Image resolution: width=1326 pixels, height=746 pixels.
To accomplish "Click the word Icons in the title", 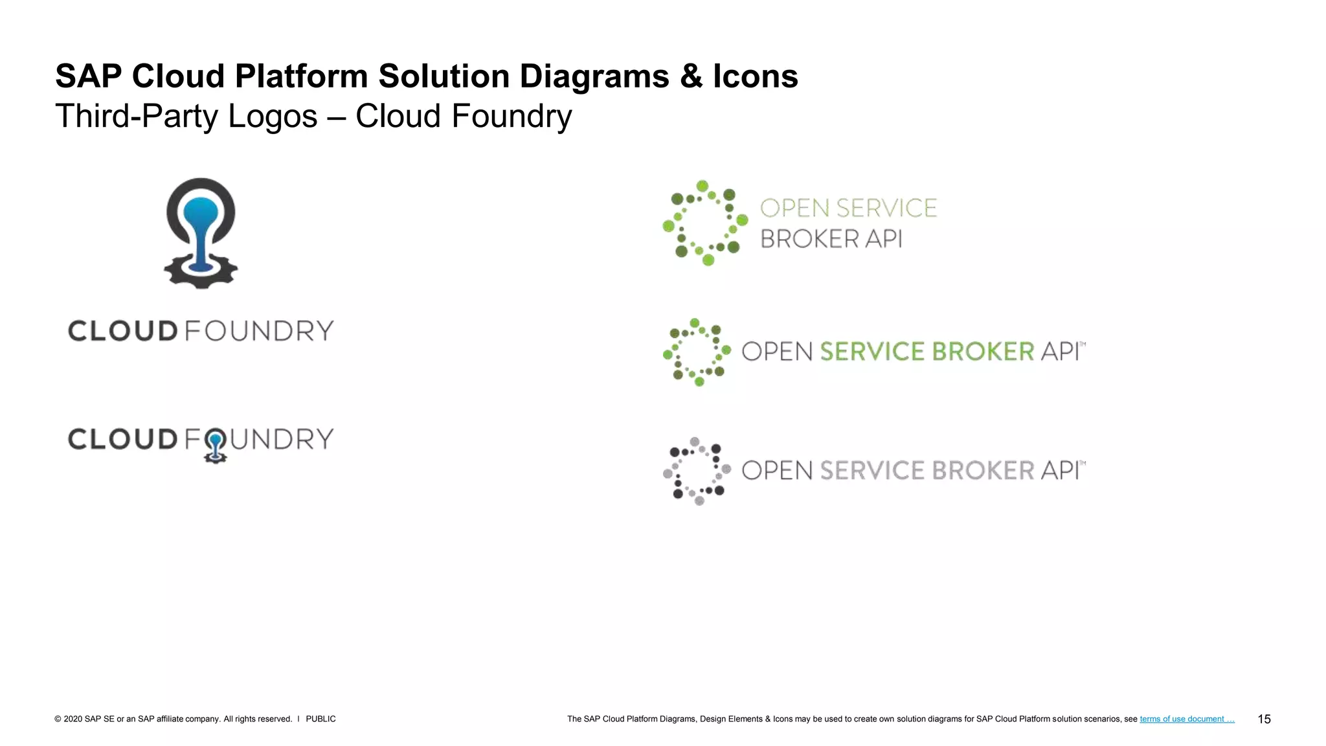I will (x=755, y=76).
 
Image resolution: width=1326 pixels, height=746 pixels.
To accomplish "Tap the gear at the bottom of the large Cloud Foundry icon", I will (x=201, y=275).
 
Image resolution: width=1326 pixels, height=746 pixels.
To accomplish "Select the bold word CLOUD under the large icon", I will (x=123, y=331).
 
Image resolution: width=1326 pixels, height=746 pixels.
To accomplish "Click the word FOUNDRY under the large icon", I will (x=259, y=331).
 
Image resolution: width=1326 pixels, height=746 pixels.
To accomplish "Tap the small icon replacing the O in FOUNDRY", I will (x=215, y=446).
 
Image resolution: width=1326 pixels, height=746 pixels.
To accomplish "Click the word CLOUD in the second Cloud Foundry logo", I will (x=123, y=439).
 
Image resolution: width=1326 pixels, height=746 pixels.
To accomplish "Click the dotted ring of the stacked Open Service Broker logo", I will (x=705, y=223).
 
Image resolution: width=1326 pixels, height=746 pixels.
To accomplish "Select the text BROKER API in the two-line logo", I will (x=831, y=239).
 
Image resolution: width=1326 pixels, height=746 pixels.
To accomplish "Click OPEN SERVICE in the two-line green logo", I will (x=848, y=209).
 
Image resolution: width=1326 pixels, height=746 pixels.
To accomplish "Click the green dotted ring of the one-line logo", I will (x=697, y=352).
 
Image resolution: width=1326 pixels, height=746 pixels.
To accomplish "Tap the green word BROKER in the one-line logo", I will (x=983, y=352).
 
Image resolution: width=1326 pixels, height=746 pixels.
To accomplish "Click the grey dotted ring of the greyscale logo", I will (x=697, y=471).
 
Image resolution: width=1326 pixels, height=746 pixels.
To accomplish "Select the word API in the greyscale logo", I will (x=1061, y=471).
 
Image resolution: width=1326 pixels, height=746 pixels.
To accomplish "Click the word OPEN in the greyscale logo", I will (x=777, y=471).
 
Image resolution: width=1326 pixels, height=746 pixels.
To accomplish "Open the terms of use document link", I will (x=1187, y=719).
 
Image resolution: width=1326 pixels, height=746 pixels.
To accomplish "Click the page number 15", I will (x=1264, y=719).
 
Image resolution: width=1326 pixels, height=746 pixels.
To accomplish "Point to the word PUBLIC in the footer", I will (x=320, y=719).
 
